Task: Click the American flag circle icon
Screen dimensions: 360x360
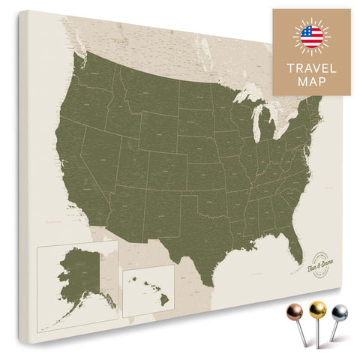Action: (x=310, y=35)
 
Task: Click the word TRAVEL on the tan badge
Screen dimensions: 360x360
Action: (x=310, y=67)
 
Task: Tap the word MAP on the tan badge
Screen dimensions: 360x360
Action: (x=310, y=82)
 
